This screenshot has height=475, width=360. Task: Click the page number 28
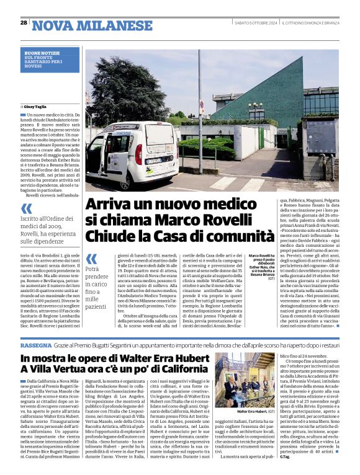point(24,22)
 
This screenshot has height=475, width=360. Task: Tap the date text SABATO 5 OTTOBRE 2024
point(246,23)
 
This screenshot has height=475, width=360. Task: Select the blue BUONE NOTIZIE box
point(51,60)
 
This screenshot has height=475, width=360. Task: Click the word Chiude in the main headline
point(108,236)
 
